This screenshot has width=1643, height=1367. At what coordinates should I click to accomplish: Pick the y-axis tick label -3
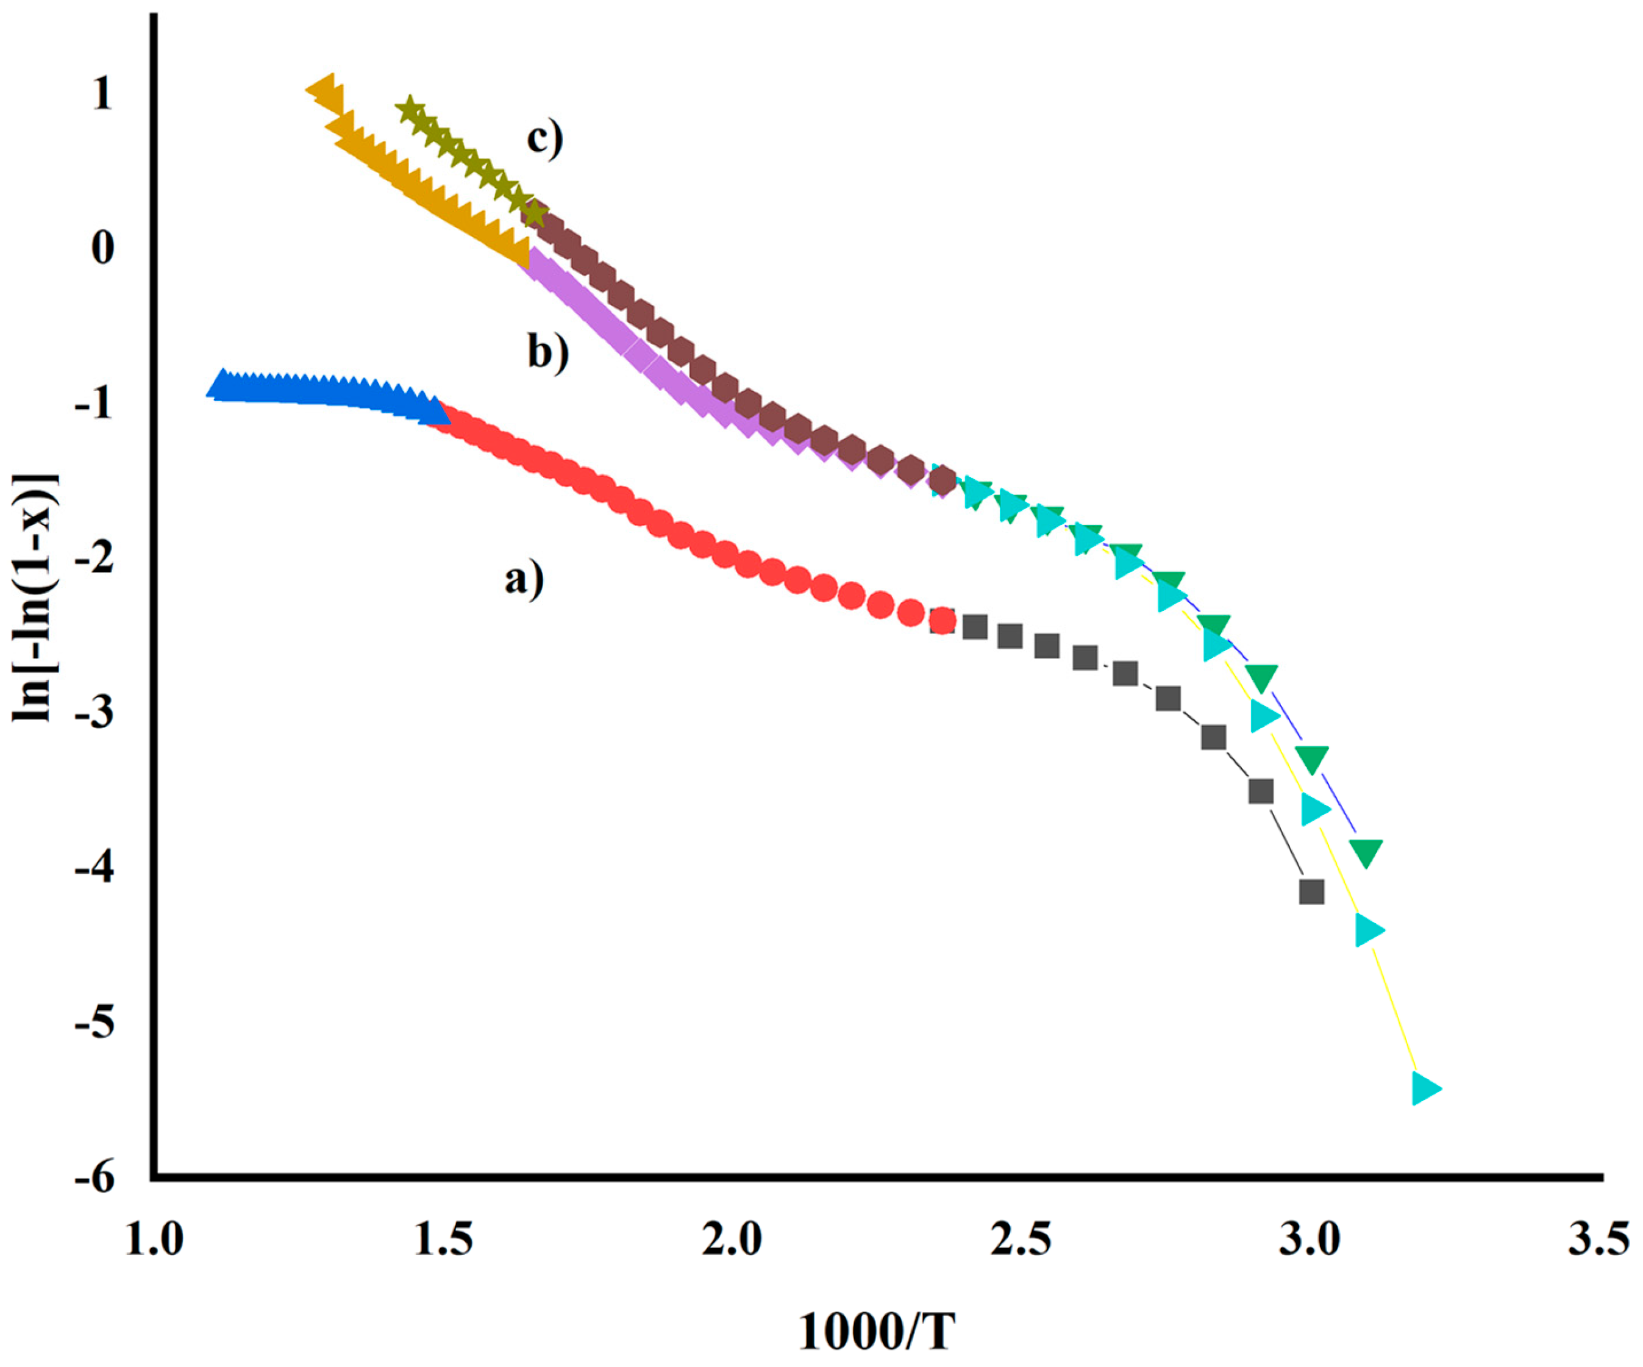[94, 715]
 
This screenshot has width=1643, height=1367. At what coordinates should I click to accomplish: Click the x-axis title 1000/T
[876, 1332]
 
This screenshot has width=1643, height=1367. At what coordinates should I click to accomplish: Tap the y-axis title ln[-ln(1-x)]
[35, 599]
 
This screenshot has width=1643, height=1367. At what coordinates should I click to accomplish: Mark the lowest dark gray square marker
[1311, 891]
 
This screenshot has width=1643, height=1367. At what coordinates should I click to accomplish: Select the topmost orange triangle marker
[324, 89]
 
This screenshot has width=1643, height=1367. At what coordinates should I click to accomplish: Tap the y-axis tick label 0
[102, 249]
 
